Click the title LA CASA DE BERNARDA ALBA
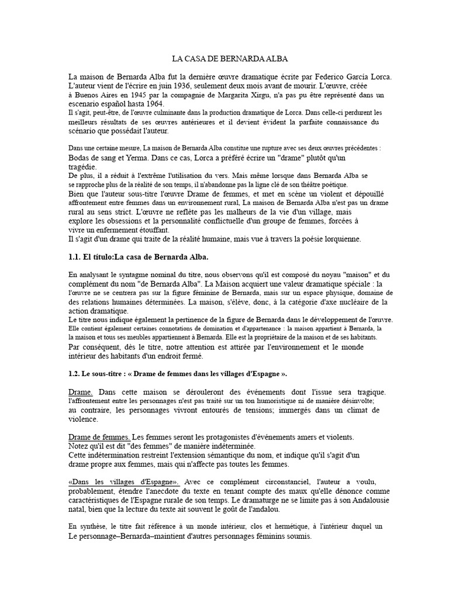click(230, 59)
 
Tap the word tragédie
click(84, 167)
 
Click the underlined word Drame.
click(80, 391)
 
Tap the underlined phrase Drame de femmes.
click(99, 437)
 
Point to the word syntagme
click(130, 275)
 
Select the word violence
click(84, 419)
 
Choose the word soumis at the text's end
click(300, 536)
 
